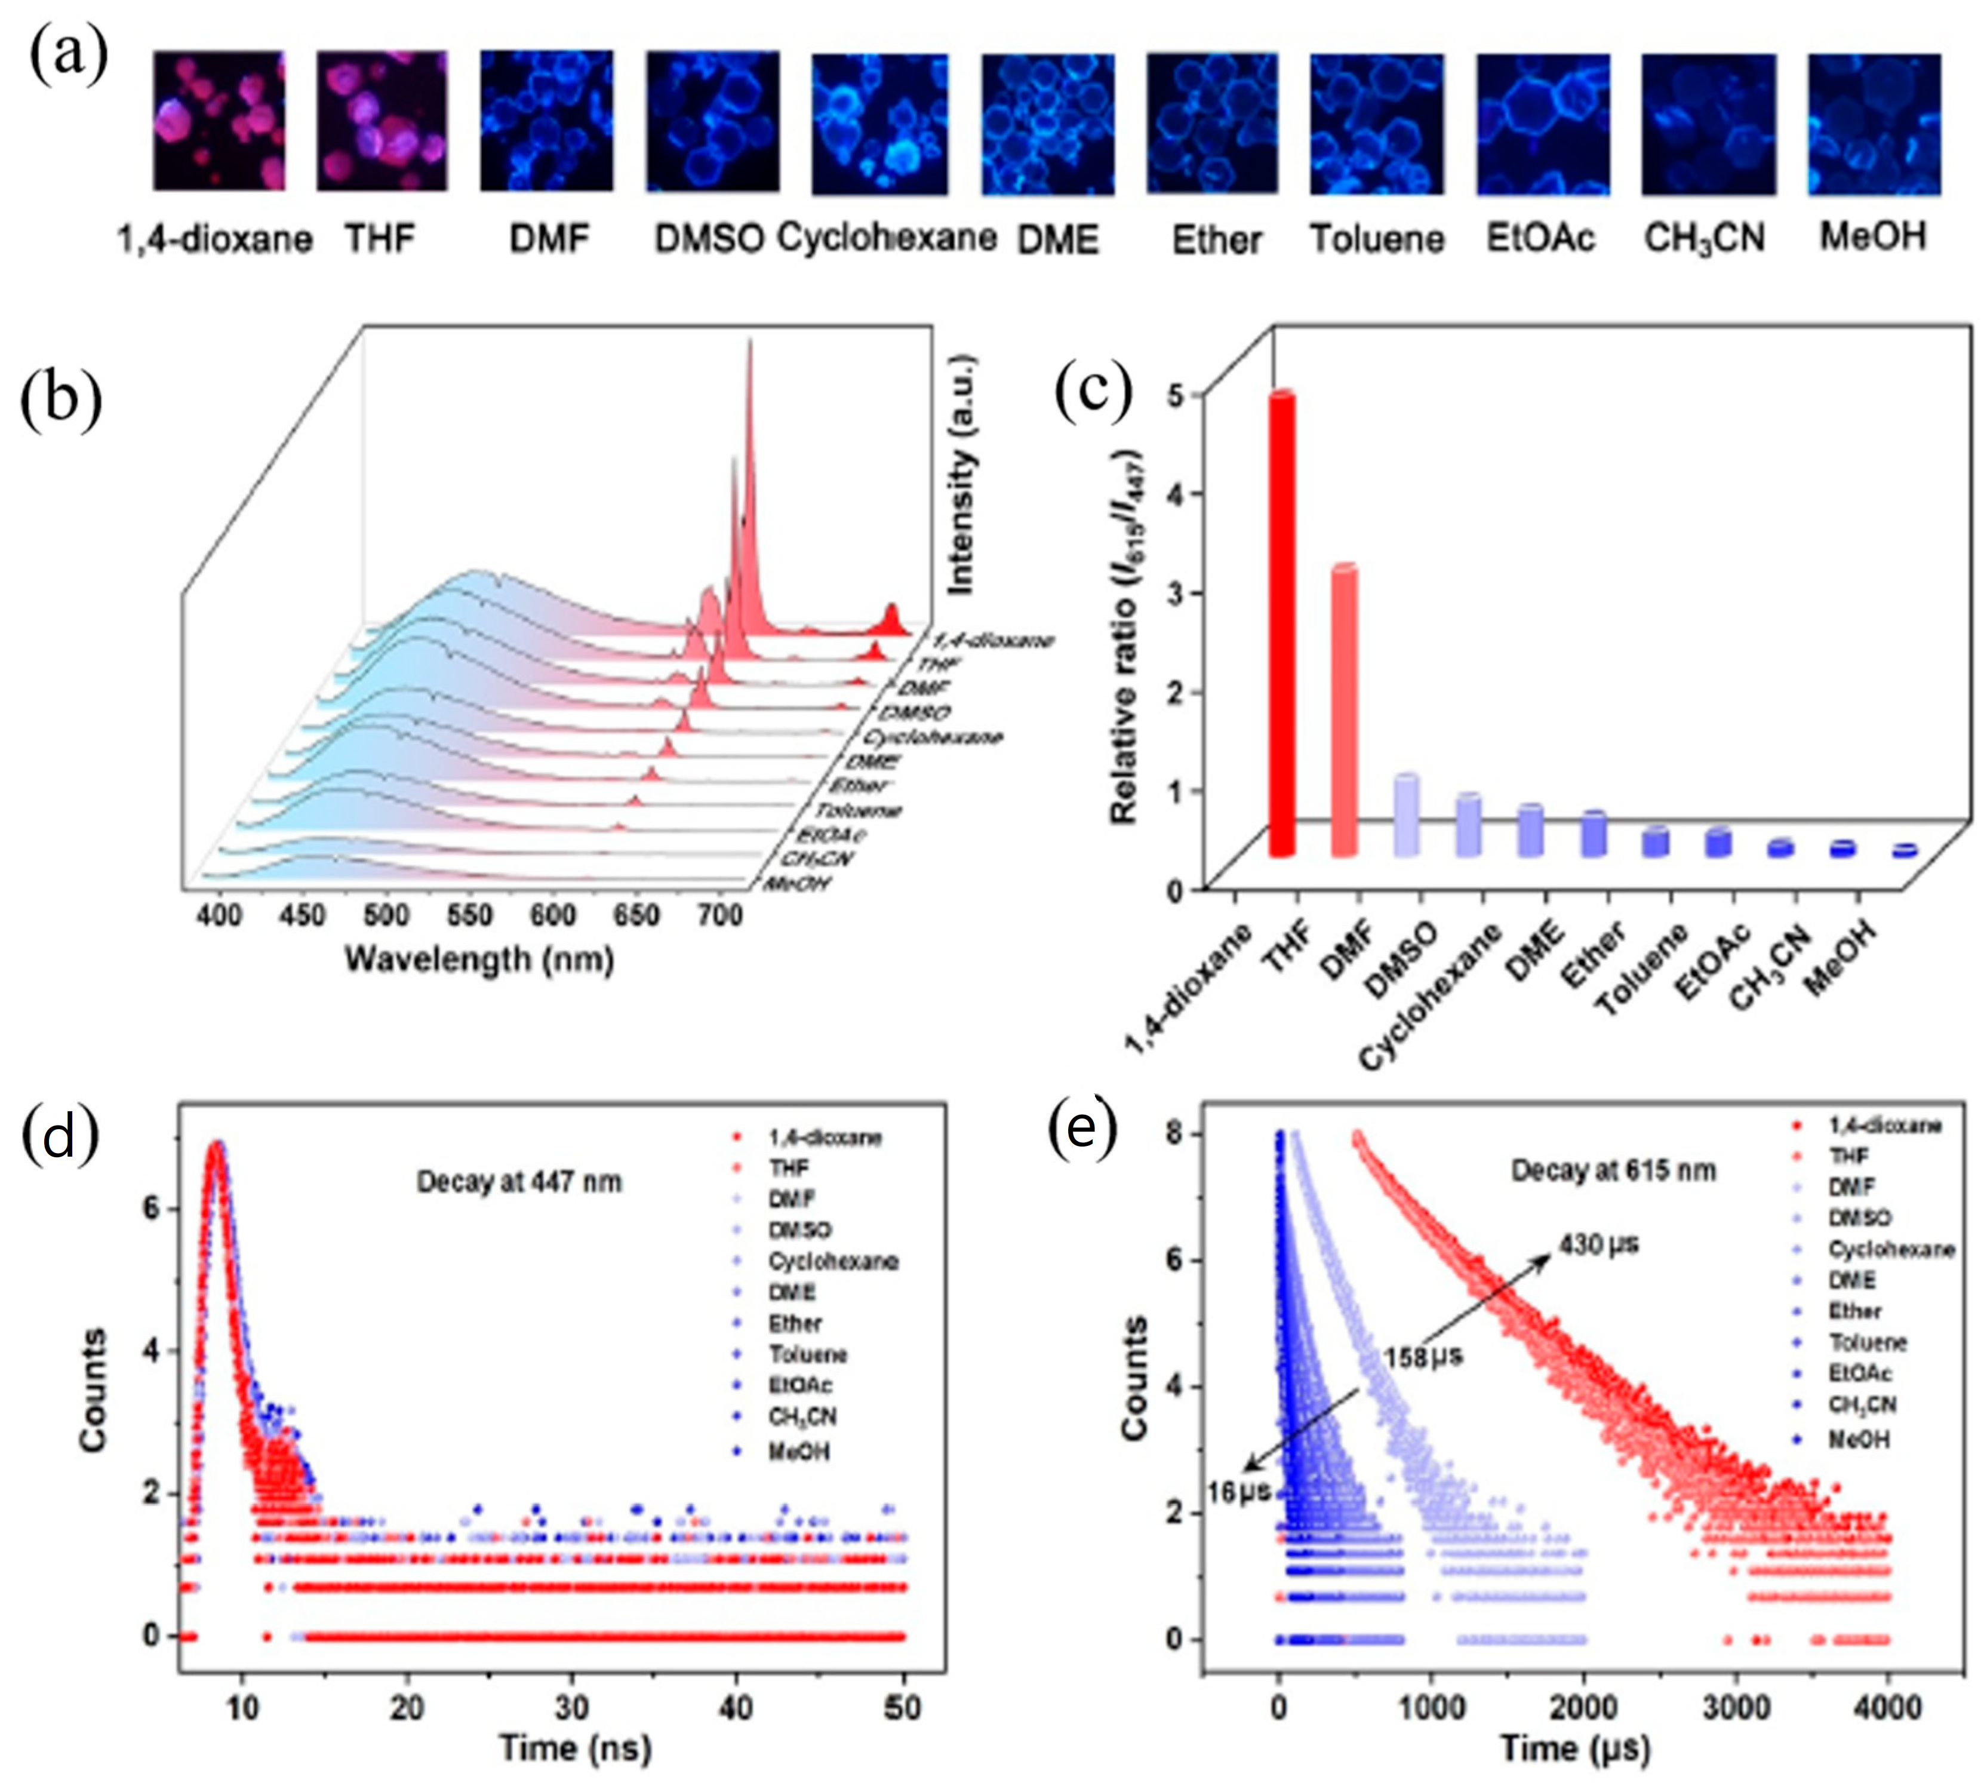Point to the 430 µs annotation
(x=1599, y=1244)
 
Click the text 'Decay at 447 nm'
(x=519, y=1182)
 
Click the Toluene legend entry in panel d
(x=807, y=1354)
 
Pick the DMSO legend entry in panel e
(x=1859, y=1218)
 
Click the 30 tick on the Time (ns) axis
(x=571, y=1707)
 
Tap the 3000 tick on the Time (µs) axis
(x=1735, y=1707)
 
